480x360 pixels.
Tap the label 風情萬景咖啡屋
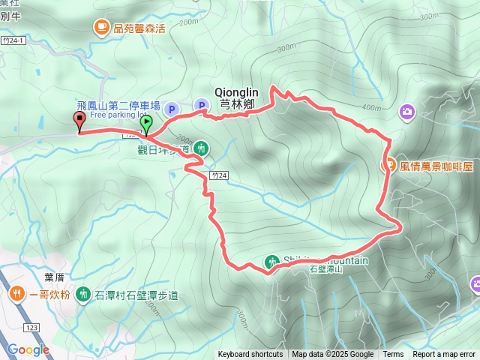(x=436, y=165)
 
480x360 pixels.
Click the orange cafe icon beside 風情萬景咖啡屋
(x=389, y=165)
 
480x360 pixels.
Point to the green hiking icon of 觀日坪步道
(x=201, y=148)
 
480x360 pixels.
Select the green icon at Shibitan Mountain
(x=271, y=262)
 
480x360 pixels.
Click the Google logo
(x=28, y=349)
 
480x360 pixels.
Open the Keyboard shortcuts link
(x=250, y=355)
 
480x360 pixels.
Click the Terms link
(x=393, y=355)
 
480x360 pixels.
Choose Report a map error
(x=445, y=355)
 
